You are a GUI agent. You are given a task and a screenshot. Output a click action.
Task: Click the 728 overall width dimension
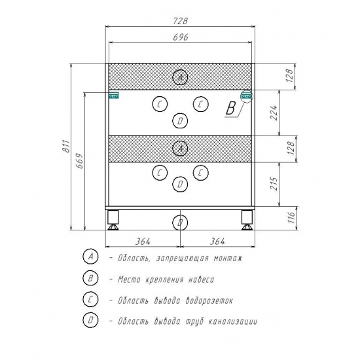pyautogui.click(x=180, y=21)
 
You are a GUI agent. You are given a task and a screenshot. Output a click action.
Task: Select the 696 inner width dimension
pyautogui.click(x=181, y=37)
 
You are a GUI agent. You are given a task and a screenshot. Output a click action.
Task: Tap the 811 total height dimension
pyautogui.click(x=66, y=146)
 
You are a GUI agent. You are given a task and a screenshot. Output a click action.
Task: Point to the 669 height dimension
pyautogui.click(x=80, y=161)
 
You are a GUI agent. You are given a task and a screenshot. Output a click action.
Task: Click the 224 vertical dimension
pyautogui.click(x=274, y=113)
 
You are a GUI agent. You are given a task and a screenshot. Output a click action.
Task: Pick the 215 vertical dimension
pyautogui.click(x=274, y=183)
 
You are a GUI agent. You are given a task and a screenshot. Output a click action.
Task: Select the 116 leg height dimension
pyautogui.click(x=291, y=217)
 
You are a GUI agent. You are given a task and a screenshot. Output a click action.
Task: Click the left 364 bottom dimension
pyautogui.click(x=143, y=242)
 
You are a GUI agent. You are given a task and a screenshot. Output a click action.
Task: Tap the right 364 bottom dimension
pyautogui.click(x=217, y=242)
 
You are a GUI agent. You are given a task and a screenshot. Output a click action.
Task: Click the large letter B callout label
pyautogui.click(x=230, y=108)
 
